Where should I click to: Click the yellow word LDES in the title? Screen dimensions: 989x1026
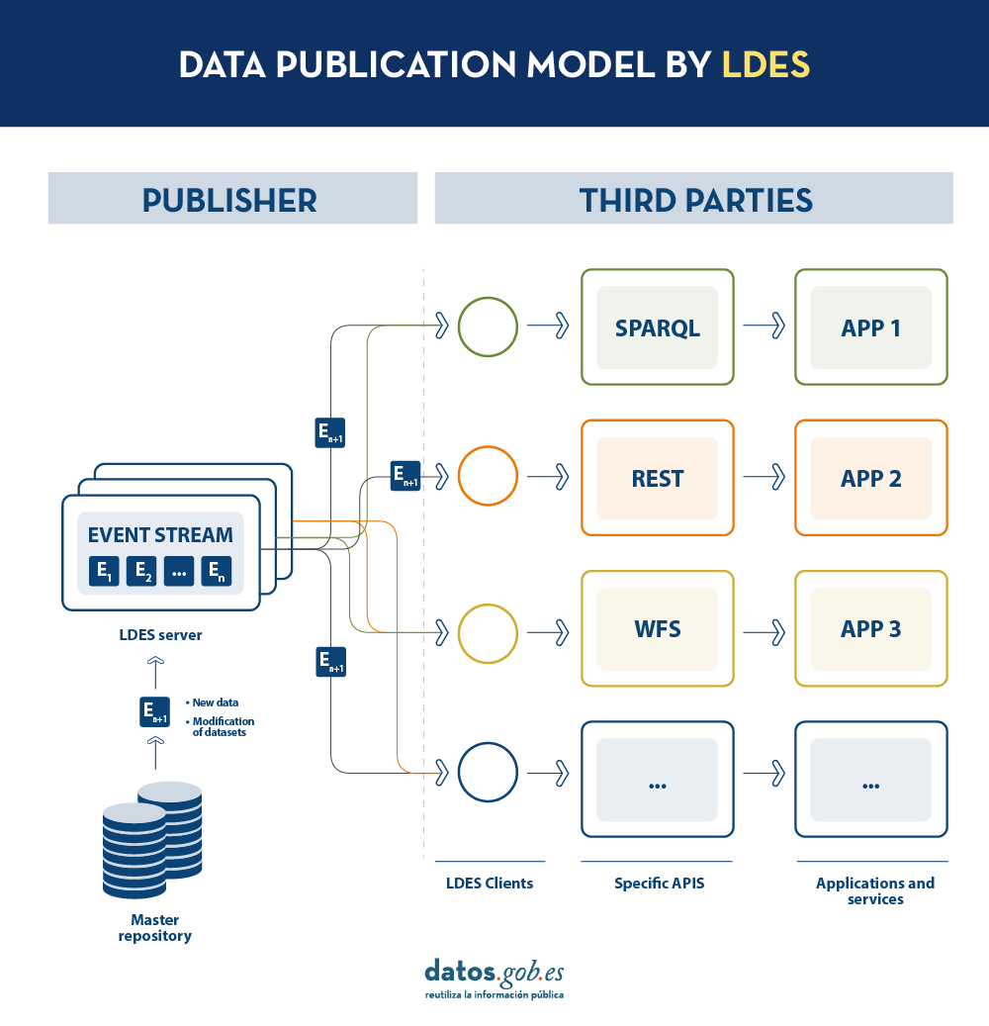(x=765, y=64)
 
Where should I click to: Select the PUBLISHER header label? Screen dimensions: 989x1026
(x=229, y=200)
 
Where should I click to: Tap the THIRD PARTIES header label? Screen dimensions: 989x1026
(x=696, y=200)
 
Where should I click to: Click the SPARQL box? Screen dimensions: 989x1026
(x=658, y=327)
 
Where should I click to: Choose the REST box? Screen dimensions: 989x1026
(x=658, y=478)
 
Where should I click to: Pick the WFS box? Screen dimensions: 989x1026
(x=658, y=629)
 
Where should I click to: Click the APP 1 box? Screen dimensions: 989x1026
(x=871, y=327)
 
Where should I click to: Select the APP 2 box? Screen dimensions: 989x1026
(x=871, y=478)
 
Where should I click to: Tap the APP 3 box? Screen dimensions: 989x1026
(x=871, y=629)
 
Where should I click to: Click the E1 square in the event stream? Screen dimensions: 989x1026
(x=104, y=571)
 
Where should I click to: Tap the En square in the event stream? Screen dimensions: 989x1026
(x=217, y=571)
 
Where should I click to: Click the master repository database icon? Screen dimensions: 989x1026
(x=152, y=840)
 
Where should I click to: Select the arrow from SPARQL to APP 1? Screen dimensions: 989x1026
(x=764, y=326)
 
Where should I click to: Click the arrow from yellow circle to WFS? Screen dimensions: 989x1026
(x=548, y=633)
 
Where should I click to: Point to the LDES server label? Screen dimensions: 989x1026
(x=160, y=635)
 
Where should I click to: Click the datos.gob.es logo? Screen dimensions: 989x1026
(x=494, y=979)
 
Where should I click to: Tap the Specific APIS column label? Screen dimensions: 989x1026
(x=660, y=884)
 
